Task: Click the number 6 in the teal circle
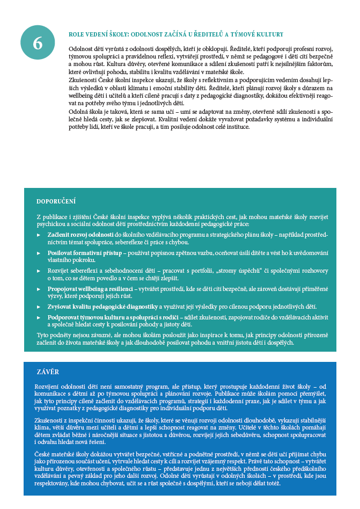pos(38,43)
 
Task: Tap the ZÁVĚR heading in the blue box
pos(48,372)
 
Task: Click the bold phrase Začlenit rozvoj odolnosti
pos(79,235)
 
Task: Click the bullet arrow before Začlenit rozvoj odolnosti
pos(38,235)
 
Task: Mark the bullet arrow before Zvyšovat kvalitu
pos(38,306)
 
